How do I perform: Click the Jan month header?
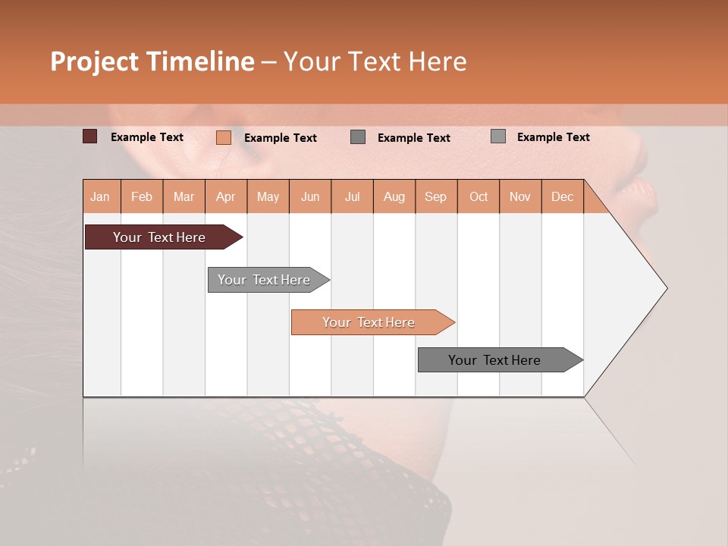click(101, 196)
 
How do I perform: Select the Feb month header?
click(142, 196)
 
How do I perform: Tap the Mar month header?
click(184, 196)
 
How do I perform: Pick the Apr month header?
click(226, 196)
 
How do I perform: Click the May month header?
click(268, 196)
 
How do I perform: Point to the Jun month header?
click(310, 196)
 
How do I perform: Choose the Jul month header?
click(353, 196)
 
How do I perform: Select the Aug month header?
click(394, 196)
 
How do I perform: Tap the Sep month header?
click(436, 196)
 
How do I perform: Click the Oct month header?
click(479, 196)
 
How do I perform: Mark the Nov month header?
click(520, 196)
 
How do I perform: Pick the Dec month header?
click(563, 196)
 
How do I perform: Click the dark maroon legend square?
click(90, 136)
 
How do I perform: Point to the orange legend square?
click(224, 137)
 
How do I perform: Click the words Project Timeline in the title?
click(152, 61)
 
